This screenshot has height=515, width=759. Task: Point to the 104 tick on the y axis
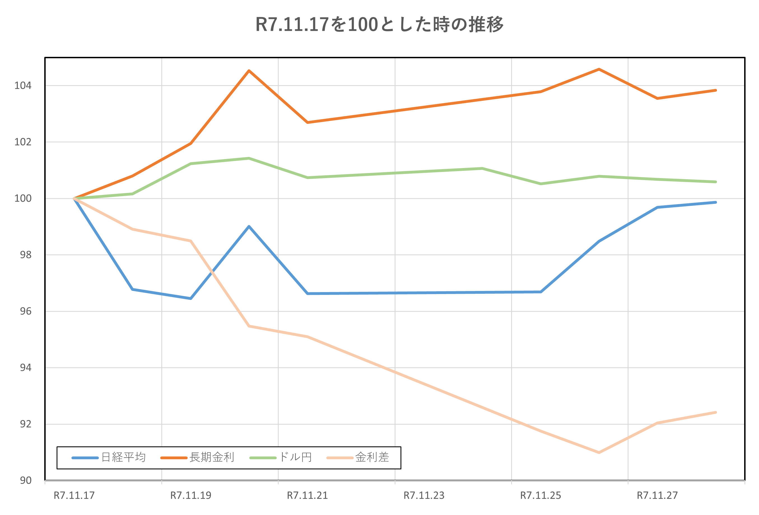(23, 86)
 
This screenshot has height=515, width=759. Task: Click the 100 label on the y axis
(23, 199)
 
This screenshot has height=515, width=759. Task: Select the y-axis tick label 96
(25, 311)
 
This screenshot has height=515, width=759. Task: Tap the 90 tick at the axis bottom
(25, 480)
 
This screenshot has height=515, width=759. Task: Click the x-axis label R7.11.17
(74, 496)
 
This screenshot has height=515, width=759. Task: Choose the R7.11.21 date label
(307, 496)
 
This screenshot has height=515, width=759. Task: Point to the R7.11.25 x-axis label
(541, 496)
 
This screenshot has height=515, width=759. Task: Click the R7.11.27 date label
(657, 496)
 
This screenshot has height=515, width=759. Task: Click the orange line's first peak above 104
(249, 71)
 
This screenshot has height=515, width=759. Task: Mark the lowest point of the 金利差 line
(599, 453)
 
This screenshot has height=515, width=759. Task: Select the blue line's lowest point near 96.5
(191, 299)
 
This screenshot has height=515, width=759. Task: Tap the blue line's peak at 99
(249, 226)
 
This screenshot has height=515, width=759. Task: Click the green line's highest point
(249, 159)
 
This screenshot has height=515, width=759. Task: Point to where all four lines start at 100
(74, 198)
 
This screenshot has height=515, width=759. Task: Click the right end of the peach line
(716, 413)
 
